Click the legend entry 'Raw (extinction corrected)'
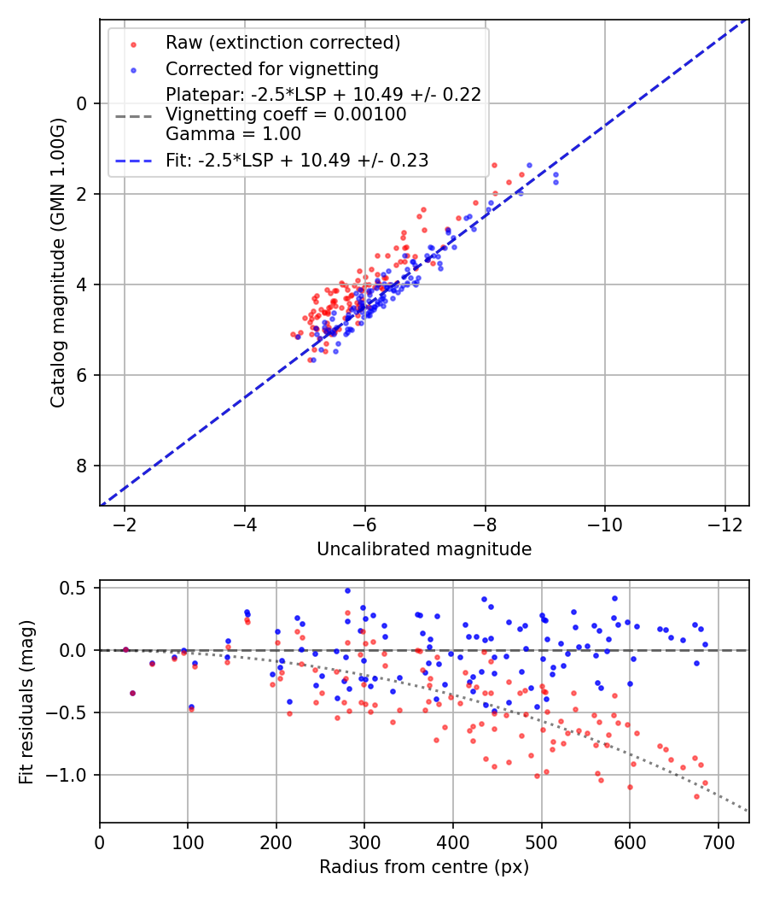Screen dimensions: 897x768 click(x=282, y=43)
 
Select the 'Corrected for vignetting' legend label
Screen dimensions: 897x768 click(x=272, y=68)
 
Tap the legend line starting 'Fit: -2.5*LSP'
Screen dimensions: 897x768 click(x=297, y=160)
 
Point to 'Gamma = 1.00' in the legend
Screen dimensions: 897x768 click(x=233, y=133)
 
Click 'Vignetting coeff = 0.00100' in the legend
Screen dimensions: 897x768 click(x=286, y=114)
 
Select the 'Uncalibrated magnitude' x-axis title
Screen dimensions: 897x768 click(x=424, y=549)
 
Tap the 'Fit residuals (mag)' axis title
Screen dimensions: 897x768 click(x=26, y=701)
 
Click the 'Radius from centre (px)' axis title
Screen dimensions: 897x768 click(x=424, y=867)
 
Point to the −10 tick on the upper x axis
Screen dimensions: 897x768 click(x=605, y=524)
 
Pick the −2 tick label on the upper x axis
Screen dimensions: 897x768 click(x=125, y=524)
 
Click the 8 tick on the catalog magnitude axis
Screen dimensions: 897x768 click(x=83, y=466)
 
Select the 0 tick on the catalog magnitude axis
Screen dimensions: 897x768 click(x=83, y=103)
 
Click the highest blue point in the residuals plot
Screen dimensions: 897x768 click(x=347, y=590)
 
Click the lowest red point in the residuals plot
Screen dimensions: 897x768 click(x=696, y=796)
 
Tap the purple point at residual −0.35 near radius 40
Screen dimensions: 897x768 click(x=132, y=693)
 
